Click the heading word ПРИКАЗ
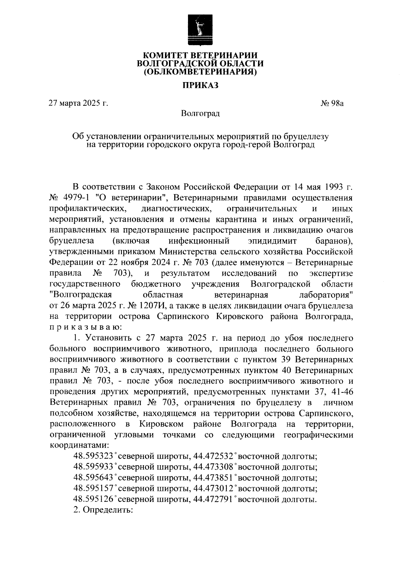[200, 85]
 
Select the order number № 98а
[332, 103]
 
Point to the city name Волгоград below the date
[200, 114]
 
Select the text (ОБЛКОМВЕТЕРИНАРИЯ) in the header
[200, 71]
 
